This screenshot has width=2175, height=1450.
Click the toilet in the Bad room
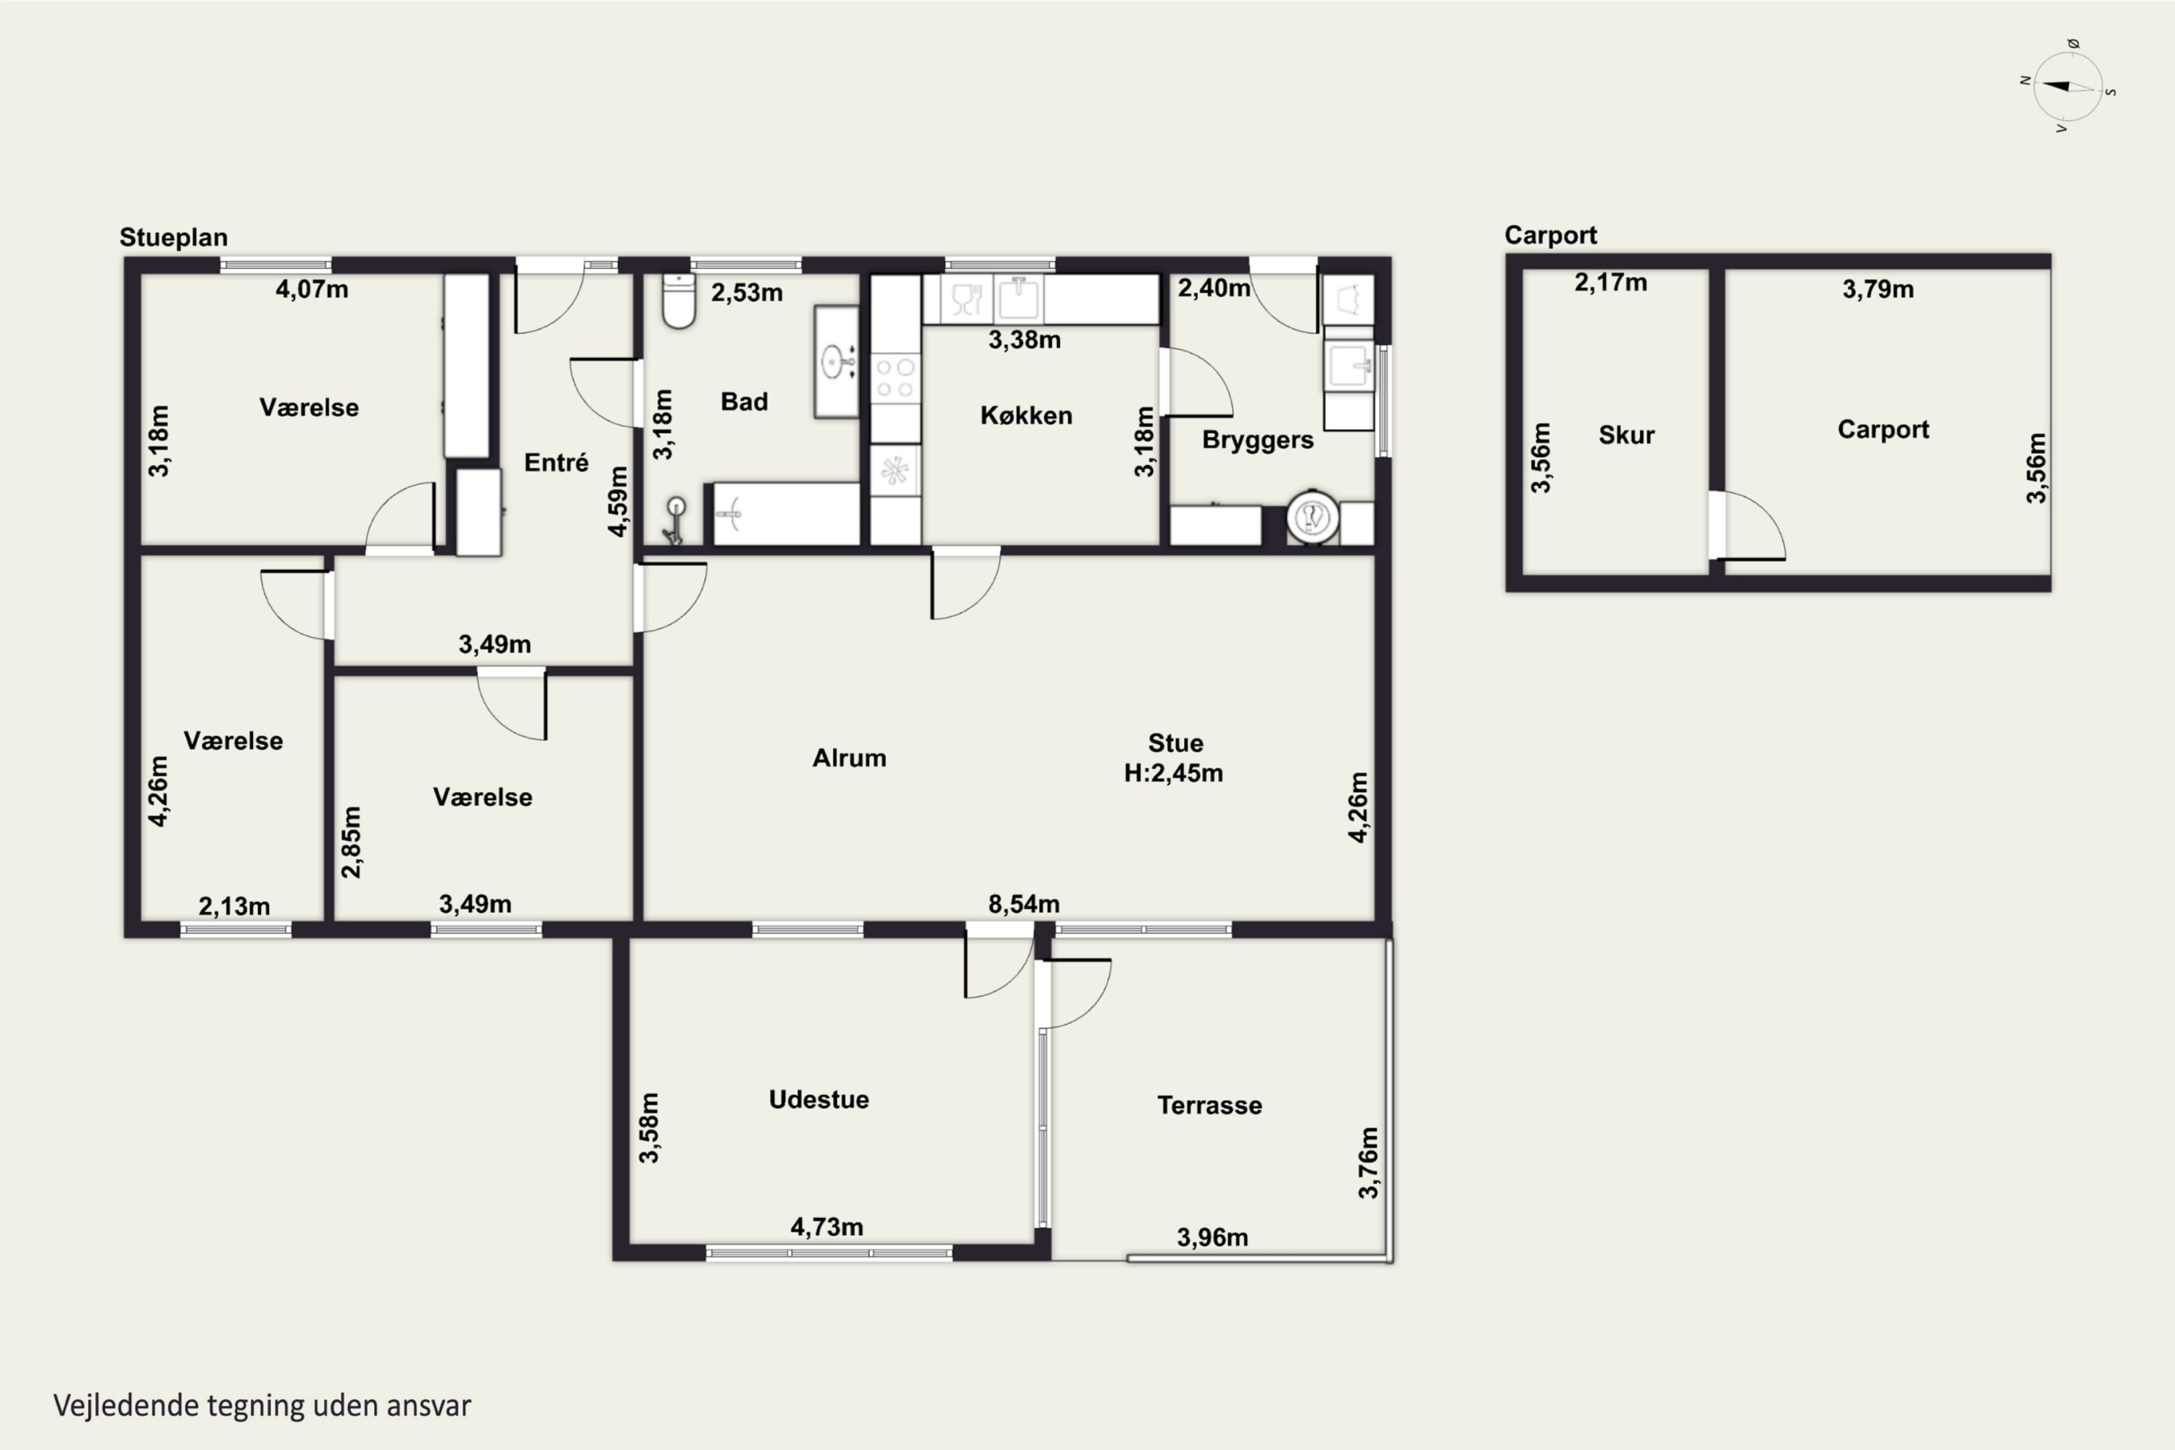[679, 301]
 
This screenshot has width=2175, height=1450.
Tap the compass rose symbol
[2068, 87]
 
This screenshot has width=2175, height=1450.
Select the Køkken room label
[1027, 415]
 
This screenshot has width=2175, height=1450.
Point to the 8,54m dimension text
[1024, 903]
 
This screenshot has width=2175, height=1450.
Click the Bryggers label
[1258, 440]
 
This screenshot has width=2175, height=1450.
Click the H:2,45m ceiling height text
[1174, 773]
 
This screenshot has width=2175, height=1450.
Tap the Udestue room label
[819, 1100]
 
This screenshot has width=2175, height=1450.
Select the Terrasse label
[1209, 1105]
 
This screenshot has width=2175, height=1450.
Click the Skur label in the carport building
[1627, 434]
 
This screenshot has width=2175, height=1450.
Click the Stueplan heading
[173, 238]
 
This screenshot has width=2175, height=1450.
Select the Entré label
[556, 463]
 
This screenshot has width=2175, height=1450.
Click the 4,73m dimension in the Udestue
[826, 1227]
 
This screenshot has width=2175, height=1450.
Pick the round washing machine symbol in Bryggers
[1313, 517]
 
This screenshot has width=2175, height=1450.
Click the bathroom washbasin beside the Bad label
[837, 362]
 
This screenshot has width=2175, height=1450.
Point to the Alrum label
[849, 758]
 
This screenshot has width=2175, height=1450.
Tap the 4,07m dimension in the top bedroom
[312, 289]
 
